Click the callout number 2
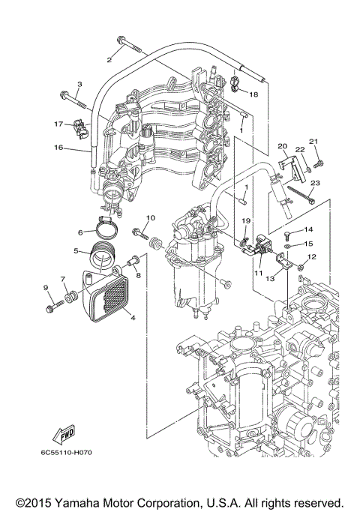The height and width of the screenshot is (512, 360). [109, 58]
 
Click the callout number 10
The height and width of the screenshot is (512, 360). [149, 218]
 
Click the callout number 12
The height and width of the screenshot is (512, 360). [312, 256]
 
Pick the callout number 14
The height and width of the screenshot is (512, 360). [308, 229]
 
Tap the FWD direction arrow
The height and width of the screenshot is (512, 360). [64, 434]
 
